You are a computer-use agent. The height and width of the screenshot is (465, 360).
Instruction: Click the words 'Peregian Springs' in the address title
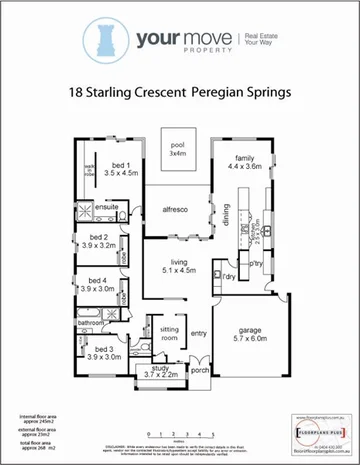click(x=243, y=93)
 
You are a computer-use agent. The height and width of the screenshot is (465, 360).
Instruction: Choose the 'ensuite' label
click(x=107, y=207)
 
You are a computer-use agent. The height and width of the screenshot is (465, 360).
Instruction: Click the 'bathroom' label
click(x=92, y=323)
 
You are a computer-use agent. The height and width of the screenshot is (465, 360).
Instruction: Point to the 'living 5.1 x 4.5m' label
click(x=179, y=264)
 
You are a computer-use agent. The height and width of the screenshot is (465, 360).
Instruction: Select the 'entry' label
click(x=198, y=333)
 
